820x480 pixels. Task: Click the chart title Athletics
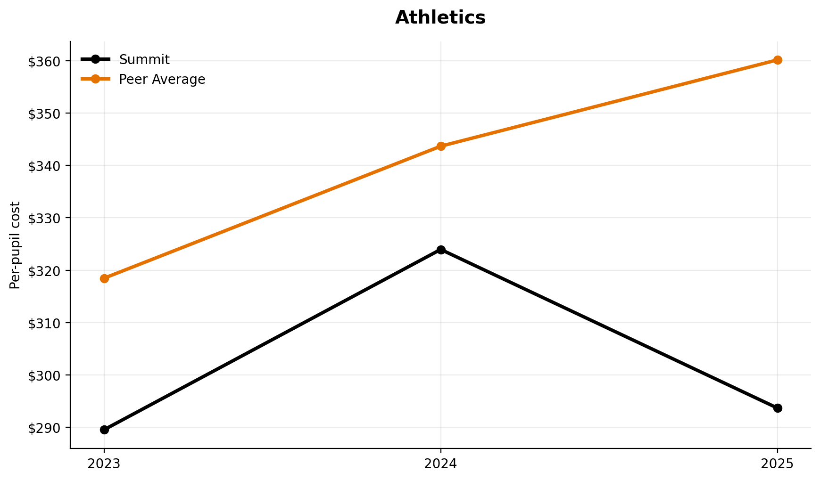[x=440, y=18]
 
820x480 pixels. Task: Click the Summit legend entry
[x=144, y=60]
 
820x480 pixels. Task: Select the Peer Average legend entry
[x=162, y=80]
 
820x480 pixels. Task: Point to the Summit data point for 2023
[x=104, y=430]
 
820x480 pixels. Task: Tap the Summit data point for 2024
[x=441, y=250]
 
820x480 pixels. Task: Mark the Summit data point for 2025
[x=778, y=408]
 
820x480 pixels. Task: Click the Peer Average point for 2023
[x=104, y=278]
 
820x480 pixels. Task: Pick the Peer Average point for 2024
[x=441, y=146]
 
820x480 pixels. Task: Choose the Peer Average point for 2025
[x=778, y=60]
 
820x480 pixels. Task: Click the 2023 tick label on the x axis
[x=104, y=464]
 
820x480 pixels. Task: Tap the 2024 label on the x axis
[x=441, y=464]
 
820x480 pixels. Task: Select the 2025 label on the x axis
[x=778, y=464]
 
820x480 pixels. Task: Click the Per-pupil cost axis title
[x=16, y=245]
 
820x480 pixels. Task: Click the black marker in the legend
[x=95, y=59]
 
